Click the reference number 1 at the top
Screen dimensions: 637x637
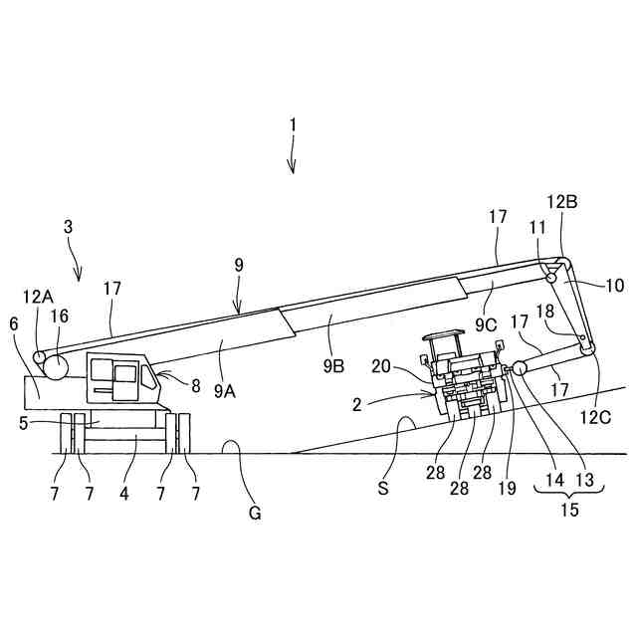point(293,125)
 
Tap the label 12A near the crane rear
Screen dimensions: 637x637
point(37,296)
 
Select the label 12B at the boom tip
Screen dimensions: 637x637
point(564,200)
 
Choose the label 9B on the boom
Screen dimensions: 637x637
point(332,365)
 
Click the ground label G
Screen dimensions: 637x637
point(255,514)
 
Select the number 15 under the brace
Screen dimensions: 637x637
point(568,510)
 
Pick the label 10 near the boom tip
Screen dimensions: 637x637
point(614,286)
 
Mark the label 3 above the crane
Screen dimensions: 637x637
point(68,226)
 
